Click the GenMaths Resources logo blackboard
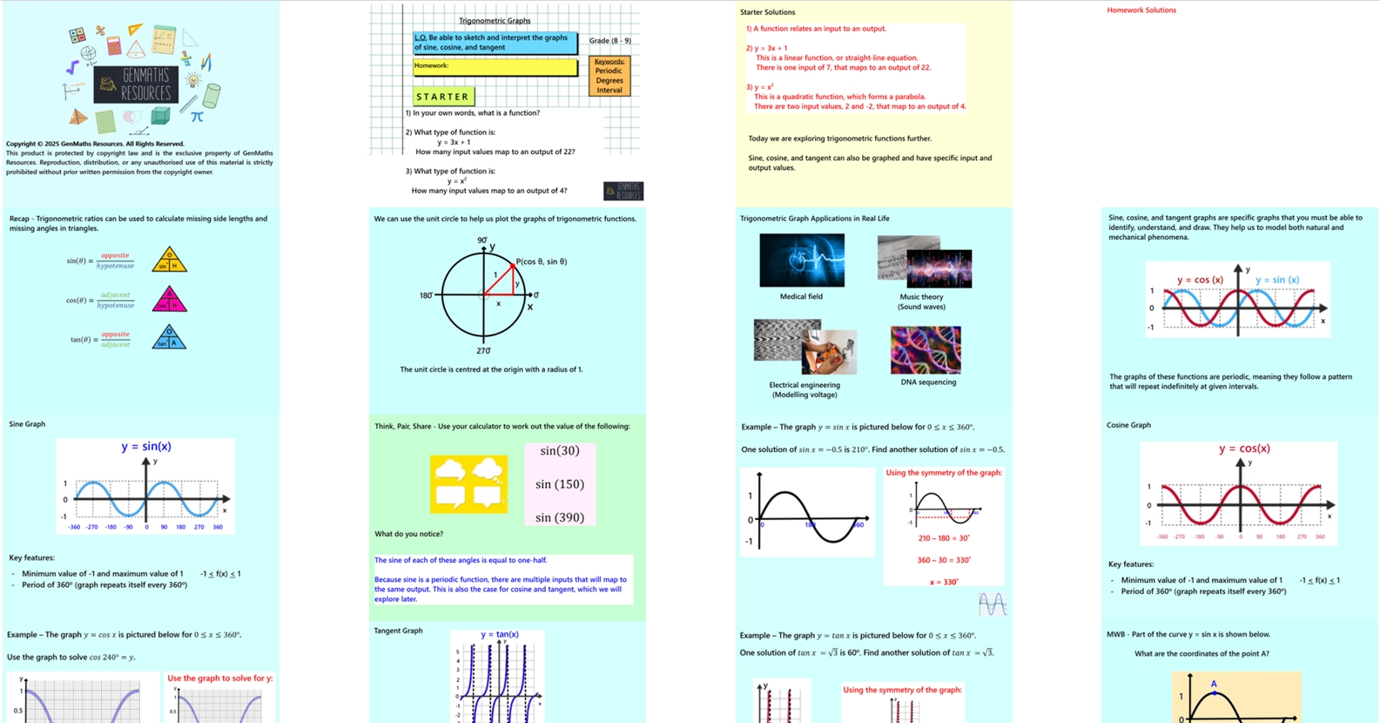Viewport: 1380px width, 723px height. pyautogui.click(x=136, y=84)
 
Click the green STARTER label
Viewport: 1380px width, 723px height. pyautogui.click(x=443, y=97)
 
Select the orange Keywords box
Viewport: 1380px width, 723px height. pyautogui.click(x=609, y=76)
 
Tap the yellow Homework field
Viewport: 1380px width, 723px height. pyautogui.click(x=495, y=67)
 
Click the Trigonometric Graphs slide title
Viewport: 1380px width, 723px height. pyautogui.click(x=495, y=21)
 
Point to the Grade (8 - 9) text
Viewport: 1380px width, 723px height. pyautogui.click(x=609, y=41)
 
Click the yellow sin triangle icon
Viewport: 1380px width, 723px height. pyautogui.click(x=169, y=260)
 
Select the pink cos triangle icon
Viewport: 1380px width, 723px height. pyautogui.click(x=169, y=300)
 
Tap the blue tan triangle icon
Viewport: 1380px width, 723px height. pyautogui.click(x=169, y=338)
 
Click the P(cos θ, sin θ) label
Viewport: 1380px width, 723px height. pyautogui.click(x=542, y=261)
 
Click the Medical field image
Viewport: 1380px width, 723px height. pyautogui.click(x=801, y=260)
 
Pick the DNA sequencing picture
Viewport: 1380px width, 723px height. pyautogui.click(x=926, y=349)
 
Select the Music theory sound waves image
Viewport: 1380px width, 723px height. pyautogui.click(x=925, y=262)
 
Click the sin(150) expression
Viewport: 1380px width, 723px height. pyautogui.click(x=559, y=484)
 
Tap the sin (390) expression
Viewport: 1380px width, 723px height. pyautogui.click(x=559, y=517)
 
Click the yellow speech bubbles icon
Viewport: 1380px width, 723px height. pyautogui.click(x=468, y=483)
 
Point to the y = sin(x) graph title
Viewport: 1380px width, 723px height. pyautogui.click(x=146, y=447)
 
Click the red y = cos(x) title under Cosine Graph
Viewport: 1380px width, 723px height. pyautogui.click(x=1244, y=449)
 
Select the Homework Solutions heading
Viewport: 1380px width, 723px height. pyautogui.click(x=1141, y=10)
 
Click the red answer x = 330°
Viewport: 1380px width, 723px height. pyautogui.click(x=944, y=582)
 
